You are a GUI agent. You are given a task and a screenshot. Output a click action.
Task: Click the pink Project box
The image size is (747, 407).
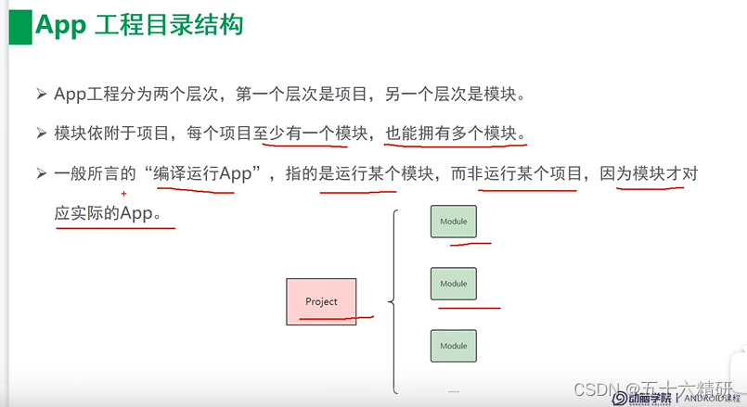click(321, 301)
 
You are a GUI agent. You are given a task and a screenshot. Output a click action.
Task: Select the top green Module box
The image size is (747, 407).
click(453, 223)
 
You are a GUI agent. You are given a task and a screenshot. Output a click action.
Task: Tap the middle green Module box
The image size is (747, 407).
click(453, 284)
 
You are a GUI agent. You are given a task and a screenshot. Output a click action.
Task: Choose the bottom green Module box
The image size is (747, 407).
click(453, 346)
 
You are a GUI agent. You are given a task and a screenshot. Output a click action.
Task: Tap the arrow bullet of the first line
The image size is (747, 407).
click(42, 95)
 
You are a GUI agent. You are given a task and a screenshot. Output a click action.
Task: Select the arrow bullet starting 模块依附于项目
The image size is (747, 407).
click(42, 134)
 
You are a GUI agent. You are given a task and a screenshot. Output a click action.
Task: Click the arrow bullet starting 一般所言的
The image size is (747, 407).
click(42, 174)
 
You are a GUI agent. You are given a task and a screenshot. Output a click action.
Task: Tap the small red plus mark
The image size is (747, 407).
click(122, 194)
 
